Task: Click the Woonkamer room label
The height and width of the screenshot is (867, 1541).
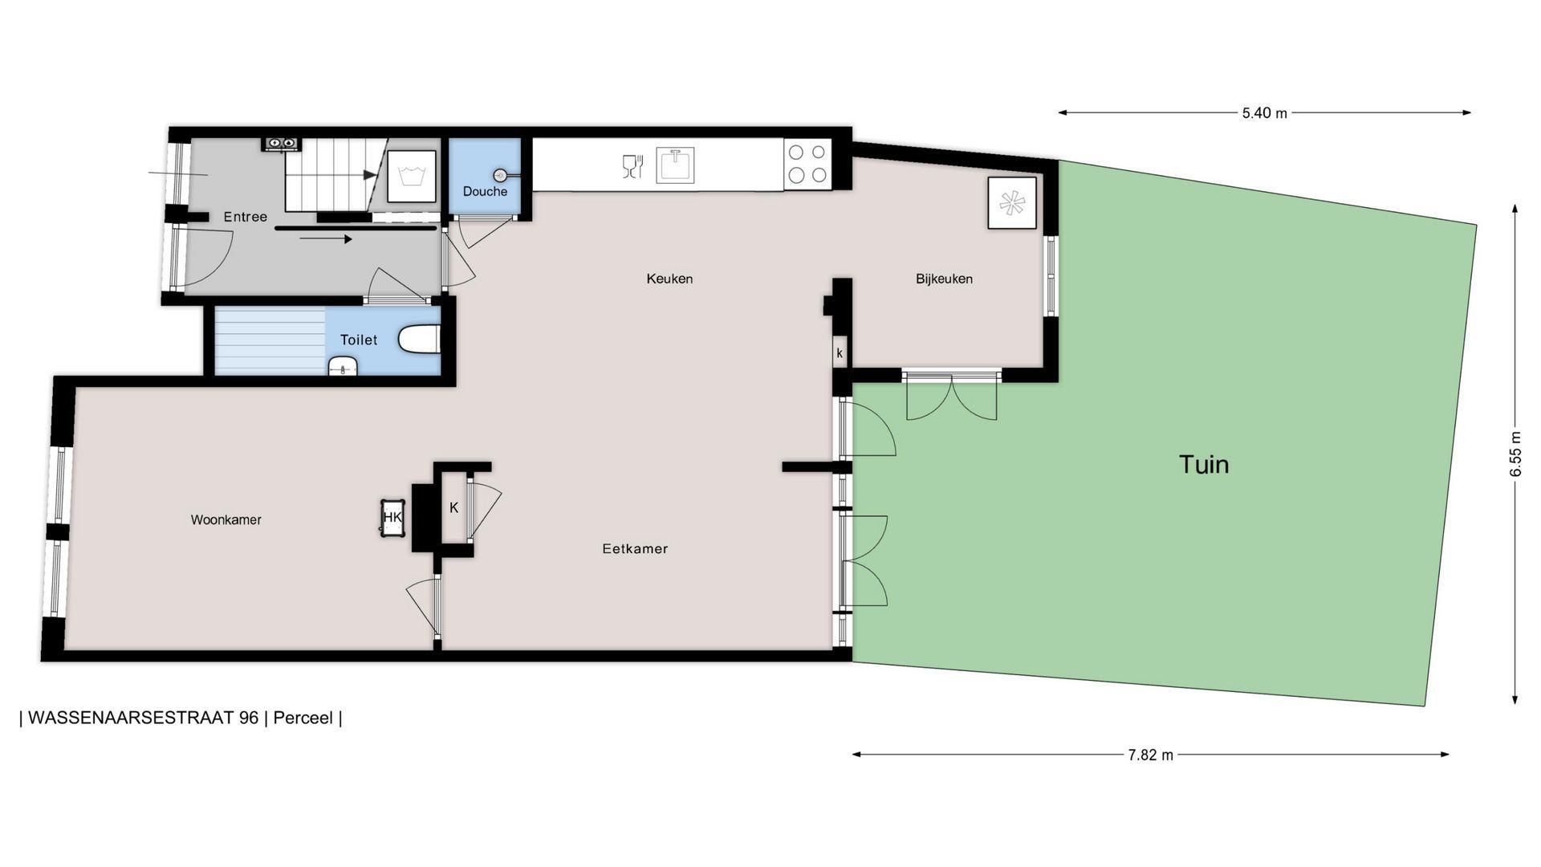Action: coord(226,520)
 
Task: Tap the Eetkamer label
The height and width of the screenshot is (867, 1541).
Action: coord(635,549)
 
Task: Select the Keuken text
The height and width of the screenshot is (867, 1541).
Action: coord(669,279)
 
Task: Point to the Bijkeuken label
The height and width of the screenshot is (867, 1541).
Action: coord(944,279)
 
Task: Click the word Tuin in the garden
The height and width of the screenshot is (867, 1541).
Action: coord(1204,464)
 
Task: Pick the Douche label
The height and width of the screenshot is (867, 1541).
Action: coord(485,192)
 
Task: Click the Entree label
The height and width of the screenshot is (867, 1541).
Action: coord(245,217)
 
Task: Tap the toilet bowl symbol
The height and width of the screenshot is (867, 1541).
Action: coord(419,339)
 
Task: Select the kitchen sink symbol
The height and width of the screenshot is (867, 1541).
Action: coord(675,165)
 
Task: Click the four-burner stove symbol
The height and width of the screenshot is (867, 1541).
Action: coord(807,164)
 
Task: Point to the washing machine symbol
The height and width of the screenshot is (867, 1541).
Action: coord(412,176)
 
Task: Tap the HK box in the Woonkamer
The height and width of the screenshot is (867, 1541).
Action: coord(392,518)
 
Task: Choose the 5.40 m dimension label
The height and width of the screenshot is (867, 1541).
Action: coord(1264,113)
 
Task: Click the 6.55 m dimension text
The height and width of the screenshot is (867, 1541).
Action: coord(1515,454)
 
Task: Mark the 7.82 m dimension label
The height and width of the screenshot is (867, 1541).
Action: coord(1150,755)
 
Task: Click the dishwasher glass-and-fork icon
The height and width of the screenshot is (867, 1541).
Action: coord(632,166)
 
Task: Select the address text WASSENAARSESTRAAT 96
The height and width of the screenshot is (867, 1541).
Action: coord(144,718)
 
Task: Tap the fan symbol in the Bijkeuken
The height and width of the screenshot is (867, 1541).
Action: coord(1012,203)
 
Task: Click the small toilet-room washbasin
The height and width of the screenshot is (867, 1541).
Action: coord(343,367)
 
